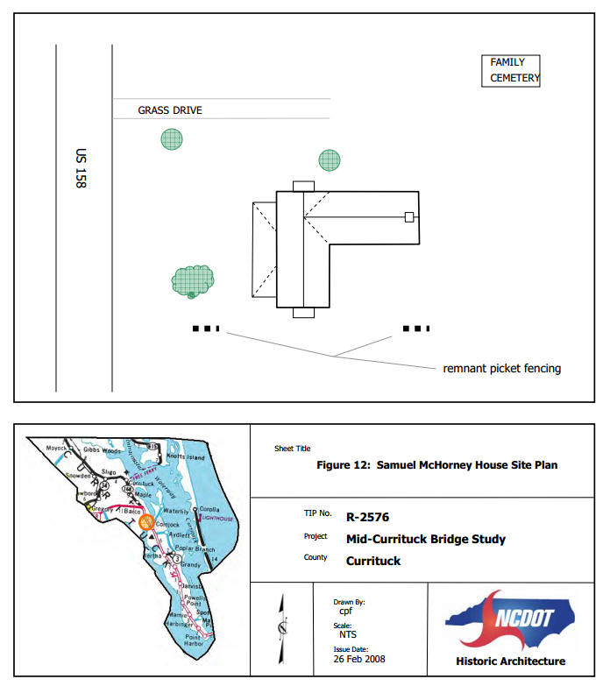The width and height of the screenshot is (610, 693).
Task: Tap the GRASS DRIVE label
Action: click(169, 110)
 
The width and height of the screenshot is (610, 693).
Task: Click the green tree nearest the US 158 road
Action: click(172, 138)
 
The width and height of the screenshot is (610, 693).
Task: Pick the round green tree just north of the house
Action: click(330, 160)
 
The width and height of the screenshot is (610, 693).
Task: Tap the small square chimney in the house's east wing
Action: click(408, 216)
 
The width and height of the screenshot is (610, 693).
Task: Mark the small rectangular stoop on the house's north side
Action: click(302, 186)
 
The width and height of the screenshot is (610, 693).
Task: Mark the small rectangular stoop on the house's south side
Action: click(302, 313)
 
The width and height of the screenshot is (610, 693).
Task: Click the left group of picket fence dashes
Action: click(206, 329)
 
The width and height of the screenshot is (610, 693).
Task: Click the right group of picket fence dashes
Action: click(415, 329)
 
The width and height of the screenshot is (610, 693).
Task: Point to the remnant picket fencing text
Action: click(501, 369)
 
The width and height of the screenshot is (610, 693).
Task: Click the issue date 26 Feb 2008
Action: click(358, 659)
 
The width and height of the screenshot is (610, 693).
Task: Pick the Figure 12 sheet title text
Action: click(436, 465)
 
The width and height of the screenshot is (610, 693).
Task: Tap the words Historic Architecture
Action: click(510, 661)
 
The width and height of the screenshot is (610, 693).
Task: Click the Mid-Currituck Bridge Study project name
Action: click(425, 539)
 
